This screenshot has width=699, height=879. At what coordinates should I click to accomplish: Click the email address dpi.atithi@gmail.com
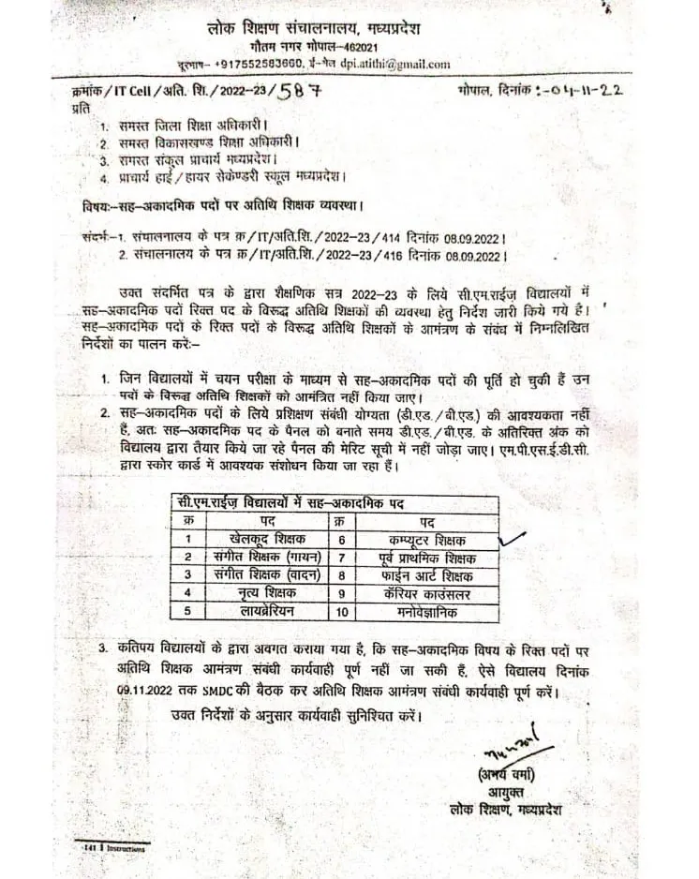394,64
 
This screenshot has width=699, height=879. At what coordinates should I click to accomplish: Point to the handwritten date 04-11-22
580,91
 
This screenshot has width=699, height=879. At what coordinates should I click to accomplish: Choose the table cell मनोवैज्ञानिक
425,611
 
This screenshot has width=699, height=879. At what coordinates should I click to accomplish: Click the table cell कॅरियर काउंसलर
426,592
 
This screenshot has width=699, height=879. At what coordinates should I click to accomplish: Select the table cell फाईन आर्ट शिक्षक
426,574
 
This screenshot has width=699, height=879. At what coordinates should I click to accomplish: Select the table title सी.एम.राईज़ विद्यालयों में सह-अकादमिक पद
290,503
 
